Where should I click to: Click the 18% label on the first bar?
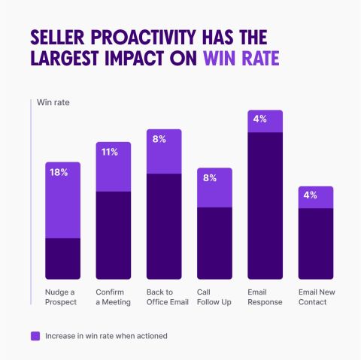(x=59, y=172)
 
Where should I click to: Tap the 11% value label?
(x=110, y=152)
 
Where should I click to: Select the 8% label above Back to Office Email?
(x=159, y=139)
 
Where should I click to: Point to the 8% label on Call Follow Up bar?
(x=210, y=178)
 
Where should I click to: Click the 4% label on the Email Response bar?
(x=260, y=119)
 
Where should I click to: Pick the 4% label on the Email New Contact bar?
(x=311, y=195)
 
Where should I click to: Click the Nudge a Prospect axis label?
(x=61, y=297)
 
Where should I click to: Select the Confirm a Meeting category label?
(x=113, y=297)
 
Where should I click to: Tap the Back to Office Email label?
(x=168, y=297)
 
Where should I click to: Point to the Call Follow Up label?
(x=214, y=297)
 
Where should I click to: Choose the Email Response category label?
(x=265, y=297)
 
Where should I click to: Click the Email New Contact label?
(x=317, y=297)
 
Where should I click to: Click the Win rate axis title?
(x=53, y=102)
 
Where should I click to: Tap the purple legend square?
(x=35, y=336)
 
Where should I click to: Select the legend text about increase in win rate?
(x=106, y=336)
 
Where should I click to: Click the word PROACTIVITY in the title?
(x=143, y=38)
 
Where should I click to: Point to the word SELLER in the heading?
(x=57, y=38)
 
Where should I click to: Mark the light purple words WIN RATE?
(x=241, y=59)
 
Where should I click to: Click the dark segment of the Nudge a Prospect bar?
(x=63, y=259)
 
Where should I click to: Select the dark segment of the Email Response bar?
(x=265, y=206)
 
